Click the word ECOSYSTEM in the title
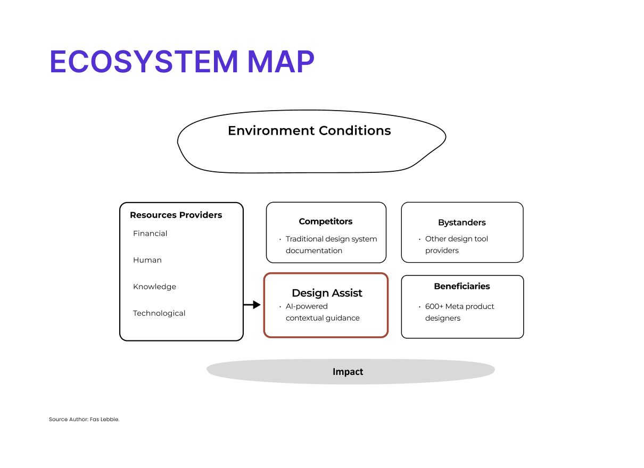tap(144, 62)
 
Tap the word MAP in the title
tap(281, 62)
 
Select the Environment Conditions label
tap(309, 131)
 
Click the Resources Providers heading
tap(176, 215)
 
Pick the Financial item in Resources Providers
tap(150, 233)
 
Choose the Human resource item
tap(147, 260)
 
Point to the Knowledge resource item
tap(154, 287)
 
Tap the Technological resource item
tap(159, 313)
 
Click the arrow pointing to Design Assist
tap(252, 305)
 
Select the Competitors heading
tap(325, 221)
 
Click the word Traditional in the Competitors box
tap(306, 239)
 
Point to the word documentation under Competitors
tap(314, 250)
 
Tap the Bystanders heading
tap(462, 223)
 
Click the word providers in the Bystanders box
tap(442, 250)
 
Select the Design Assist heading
tap(327, 293)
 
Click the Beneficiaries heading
tap(462, 286)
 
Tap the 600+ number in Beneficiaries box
tap(434, 306)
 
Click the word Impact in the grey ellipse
tap(348, 372)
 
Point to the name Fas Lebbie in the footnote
tap(104, 420)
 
